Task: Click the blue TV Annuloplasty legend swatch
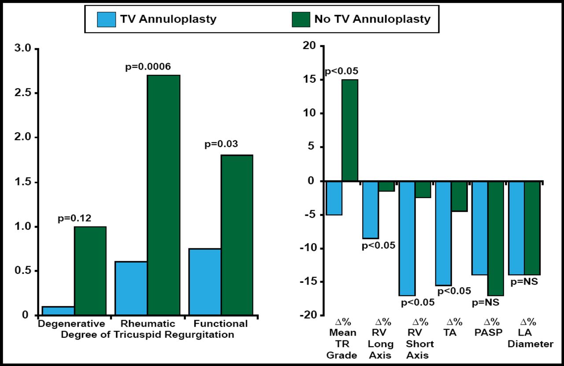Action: [x=106, y=19]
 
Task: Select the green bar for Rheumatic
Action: [x=163, y=195]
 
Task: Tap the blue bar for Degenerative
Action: [x=58, y=311]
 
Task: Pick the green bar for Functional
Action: [x=237, y=235]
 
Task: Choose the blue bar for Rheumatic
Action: [x=131, y=288]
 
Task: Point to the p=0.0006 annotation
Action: [x=148, y=67]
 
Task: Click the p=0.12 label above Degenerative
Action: [x=75, y=219]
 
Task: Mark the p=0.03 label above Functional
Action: [x=221, y=144]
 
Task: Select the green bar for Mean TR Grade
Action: [x=350, y=130]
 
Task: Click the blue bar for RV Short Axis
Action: [x=407, y=238]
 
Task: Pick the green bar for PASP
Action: [x=496, y=238]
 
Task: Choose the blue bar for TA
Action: [x=443, y=233]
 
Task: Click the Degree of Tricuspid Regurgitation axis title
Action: [x=147, y=335]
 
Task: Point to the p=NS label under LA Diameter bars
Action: [x=524, y=281]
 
